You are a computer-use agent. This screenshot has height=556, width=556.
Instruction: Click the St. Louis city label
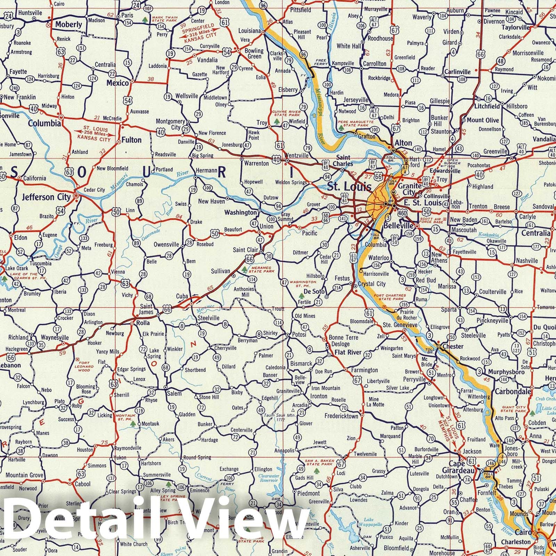(349, 187)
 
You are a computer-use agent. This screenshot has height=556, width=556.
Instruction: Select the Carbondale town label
(513, 391)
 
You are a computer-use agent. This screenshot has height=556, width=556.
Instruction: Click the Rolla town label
(143, 323)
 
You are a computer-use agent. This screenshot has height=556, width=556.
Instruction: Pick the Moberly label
(68, 24)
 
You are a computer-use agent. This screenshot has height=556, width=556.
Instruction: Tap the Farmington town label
(364, 370)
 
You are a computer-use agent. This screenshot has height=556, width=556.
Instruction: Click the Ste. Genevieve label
(400, 325)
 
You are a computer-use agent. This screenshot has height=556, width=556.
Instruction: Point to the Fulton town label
(131, 140)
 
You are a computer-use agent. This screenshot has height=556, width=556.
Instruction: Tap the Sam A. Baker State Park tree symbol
(316, 471)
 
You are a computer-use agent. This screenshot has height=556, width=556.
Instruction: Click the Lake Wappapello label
(373, 522)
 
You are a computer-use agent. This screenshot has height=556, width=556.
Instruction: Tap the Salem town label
(174, 393)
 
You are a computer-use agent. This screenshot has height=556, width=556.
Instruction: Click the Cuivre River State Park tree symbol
(277, 121)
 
